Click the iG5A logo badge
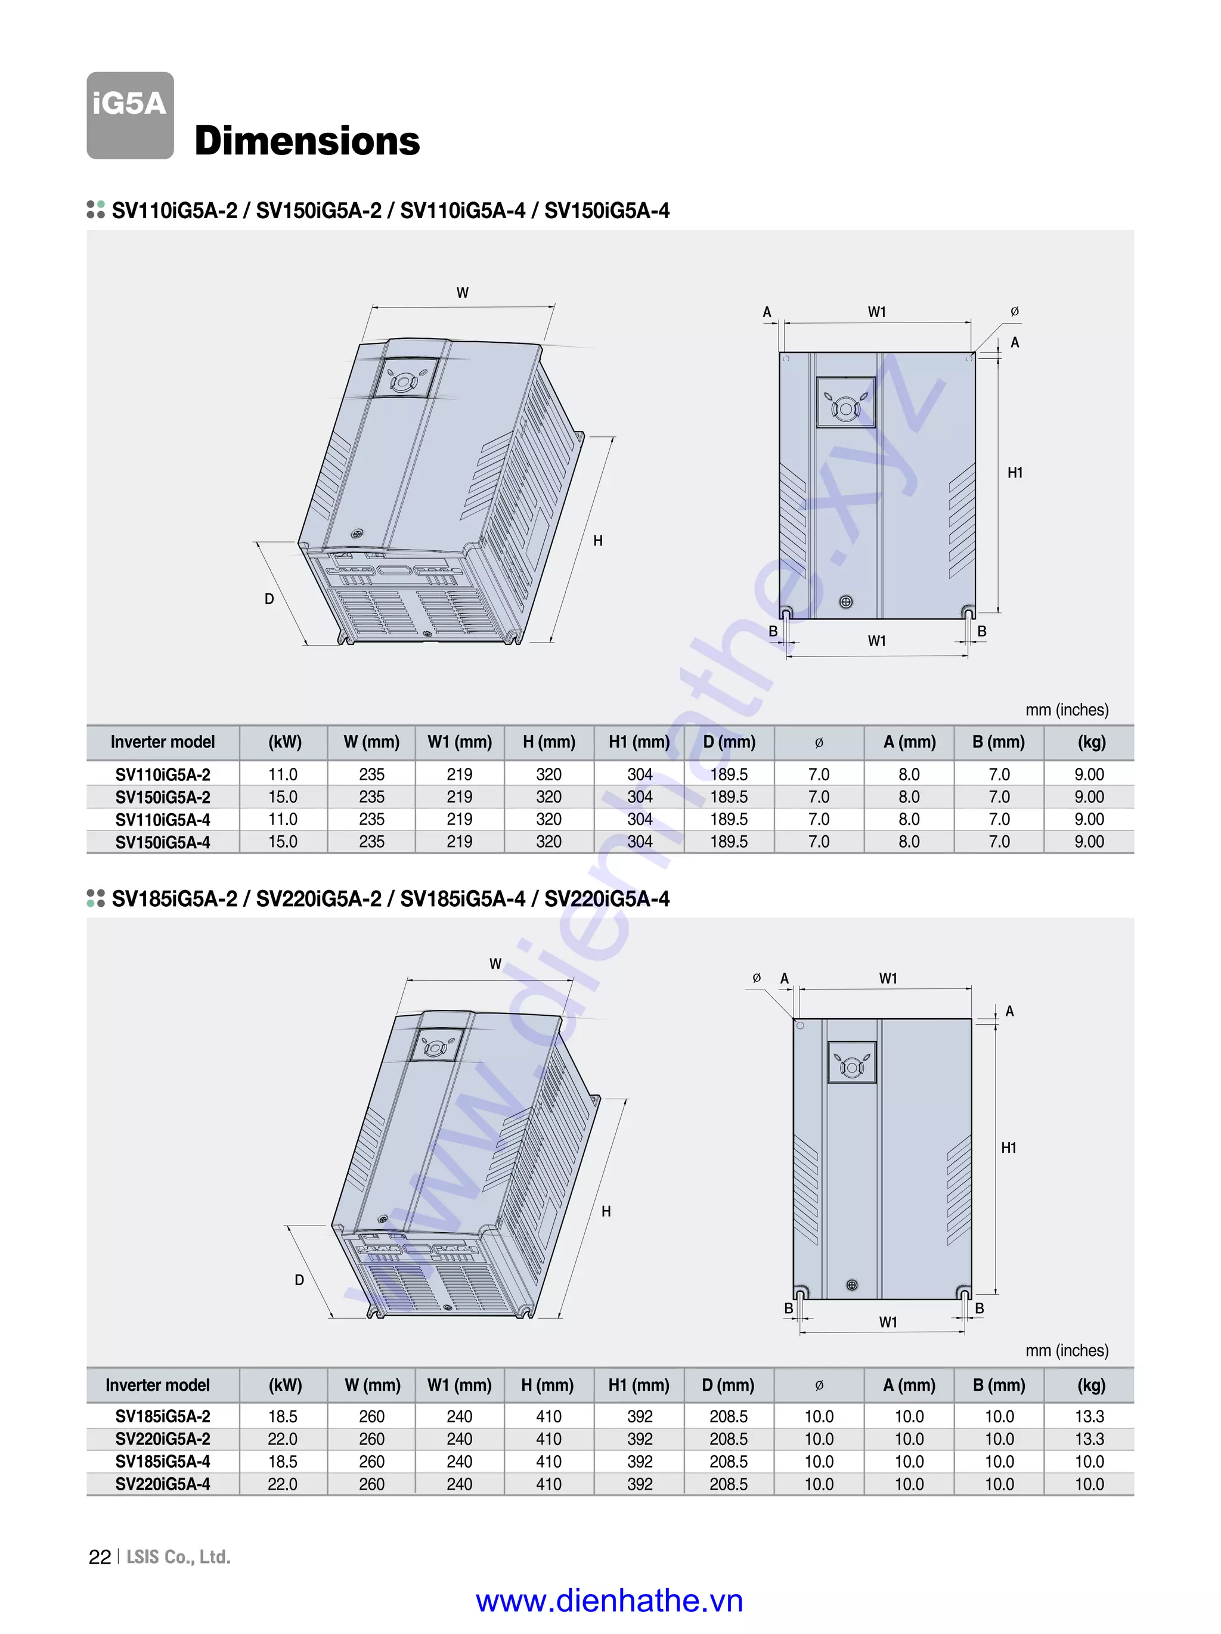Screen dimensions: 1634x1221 (x=130, y=114)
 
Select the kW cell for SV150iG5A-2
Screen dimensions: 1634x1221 (x=283, y=796)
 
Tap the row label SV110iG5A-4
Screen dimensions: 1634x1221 (x=163, y=819)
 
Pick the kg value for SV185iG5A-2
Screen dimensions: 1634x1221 (x=1089, y=1416)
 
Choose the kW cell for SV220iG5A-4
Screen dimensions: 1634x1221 (x=283, y=1484)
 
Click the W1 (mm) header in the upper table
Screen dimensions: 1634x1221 (x=460, y=742)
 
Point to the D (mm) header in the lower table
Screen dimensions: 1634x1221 (x=729, y=1385)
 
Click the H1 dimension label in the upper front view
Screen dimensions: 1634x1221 (x=1015, y=473)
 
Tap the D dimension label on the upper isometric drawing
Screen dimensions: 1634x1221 (x=269, y=599)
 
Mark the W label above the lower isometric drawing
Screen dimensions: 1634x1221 (x=495, y=964)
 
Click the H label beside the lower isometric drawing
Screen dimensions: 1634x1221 (x=606, y=1211)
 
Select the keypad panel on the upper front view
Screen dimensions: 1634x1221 (x=846, y=402)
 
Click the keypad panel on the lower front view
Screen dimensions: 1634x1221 (x=852, y=1062)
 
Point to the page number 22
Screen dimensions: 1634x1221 (x=100, y=1558)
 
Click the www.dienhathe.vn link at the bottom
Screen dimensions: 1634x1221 (x=609, y=1601)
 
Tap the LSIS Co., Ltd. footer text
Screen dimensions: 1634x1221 (x=179, y=1557)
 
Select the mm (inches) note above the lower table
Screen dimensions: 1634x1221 (x=1067, y=1350)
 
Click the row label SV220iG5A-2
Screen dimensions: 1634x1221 (x=163, y=1439)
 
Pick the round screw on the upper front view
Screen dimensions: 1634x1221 (x=846, y=602)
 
